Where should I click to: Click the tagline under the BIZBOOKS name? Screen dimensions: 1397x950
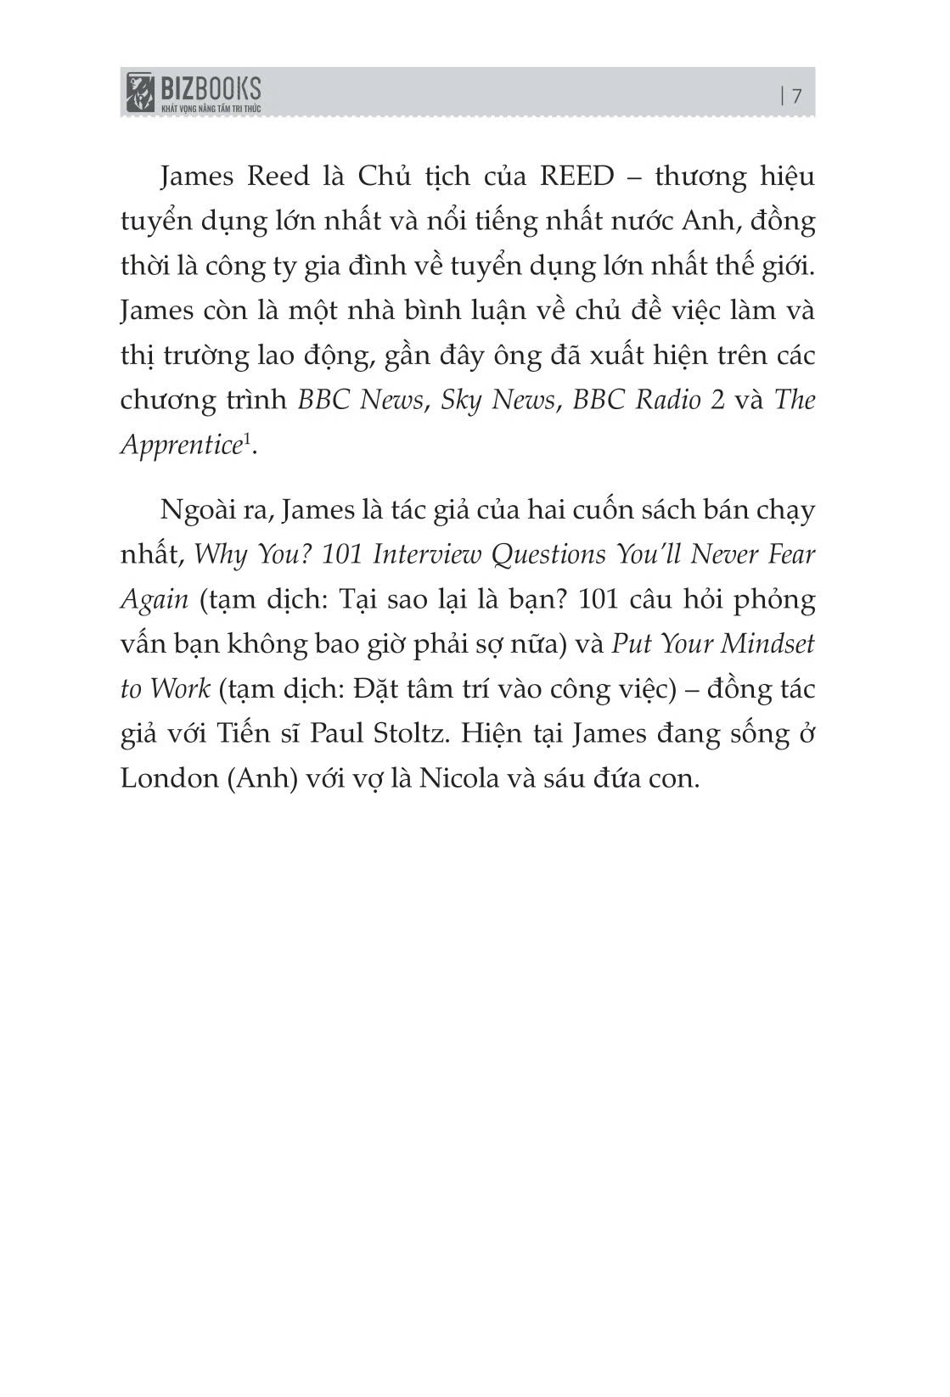coord(211,108)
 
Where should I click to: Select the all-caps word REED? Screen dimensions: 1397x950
coord(576,177)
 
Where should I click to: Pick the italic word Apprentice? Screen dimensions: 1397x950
coord(181,445)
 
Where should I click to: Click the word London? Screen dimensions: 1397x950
coord(169,777)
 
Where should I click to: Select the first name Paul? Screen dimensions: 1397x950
coord(336,732)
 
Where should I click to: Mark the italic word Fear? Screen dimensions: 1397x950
coord(790,554)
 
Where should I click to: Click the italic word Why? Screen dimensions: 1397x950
coord(216,554)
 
